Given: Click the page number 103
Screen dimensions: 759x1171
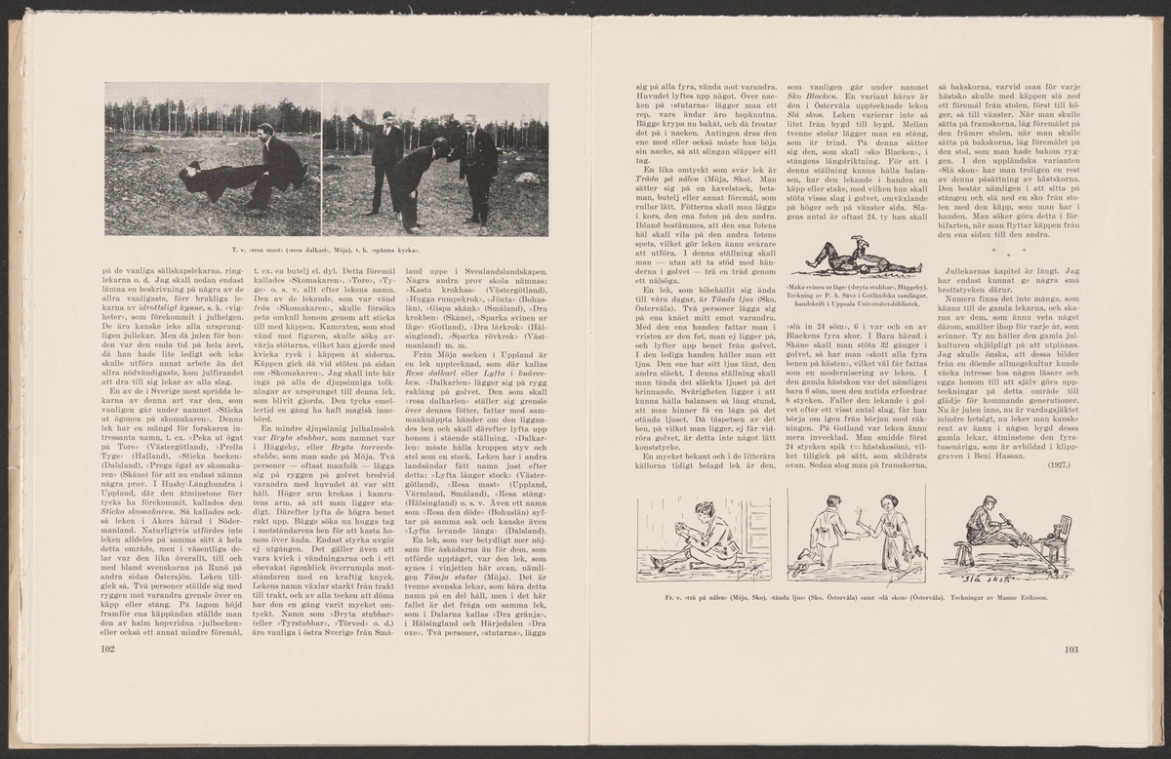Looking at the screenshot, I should (1070, 648).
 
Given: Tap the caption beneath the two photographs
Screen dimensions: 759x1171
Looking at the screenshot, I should (326, 251).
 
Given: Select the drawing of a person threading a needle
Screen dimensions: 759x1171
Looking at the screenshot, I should (692, 537).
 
